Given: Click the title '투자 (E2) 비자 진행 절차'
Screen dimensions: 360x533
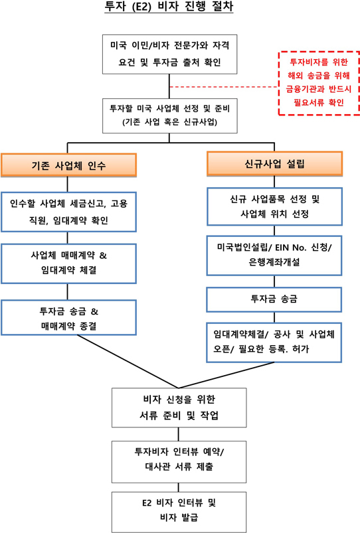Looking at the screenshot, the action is [169, 6].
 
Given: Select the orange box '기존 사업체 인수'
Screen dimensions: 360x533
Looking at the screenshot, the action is [68, 165].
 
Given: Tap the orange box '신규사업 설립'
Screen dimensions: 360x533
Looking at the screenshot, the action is [274, 164].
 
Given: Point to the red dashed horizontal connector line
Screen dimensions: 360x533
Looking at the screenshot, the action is [224, 87].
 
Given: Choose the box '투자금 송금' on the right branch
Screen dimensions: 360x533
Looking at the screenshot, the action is [274, 299].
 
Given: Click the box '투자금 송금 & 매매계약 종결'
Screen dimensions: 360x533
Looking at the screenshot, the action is [68, 317].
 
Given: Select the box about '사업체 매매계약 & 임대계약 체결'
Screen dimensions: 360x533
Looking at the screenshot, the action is [68, 264].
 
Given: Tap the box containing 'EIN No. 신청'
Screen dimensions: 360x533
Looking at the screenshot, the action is [274, 256].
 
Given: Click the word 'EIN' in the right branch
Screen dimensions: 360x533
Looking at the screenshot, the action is [282, 248].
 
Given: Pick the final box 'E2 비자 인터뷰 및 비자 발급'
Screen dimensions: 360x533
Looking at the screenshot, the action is [179, 512].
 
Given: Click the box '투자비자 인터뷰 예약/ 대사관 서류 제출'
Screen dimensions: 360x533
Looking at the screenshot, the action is [179, 462].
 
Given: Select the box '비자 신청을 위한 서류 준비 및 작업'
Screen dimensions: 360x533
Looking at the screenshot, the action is [179, 408].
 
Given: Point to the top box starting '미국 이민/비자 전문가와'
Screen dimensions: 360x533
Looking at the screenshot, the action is [170, 54].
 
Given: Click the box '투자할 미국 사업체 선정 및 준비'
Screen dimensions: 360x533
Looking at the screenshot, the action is [170, 115].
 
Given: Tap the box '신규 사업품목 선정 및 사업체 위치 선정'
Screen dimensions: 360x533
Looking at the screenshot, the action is [274, 206].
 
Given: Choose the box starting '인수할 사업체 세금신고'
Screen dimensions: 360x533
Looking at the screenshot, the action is [68, 212].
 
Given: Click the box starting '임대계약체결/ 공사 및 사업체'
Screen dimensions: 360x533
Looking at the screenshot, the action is [274, 343].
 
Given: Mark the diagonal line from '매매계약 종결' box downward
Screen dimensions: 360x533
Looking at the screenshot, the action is [128, 362].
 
